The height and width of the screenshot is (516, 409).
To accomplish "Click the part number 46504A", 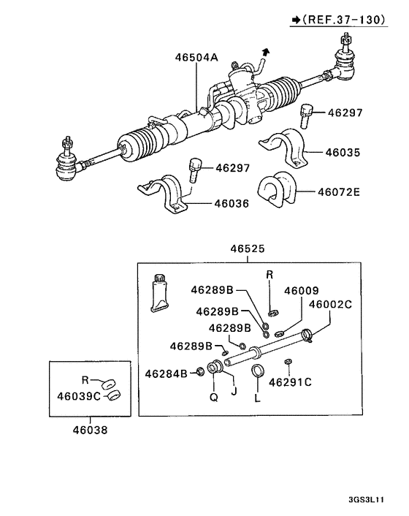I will pos(196,57).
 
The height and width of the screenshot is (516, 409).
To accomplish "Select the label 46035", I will pos(343,153).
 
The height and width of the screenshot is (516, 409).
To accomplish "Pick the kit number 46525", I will pos(247,248).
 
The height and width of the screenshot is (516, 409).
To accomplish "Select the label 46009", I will pos(302,290).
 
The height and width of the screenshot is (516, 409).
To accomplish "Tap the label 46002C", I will pos(330,304).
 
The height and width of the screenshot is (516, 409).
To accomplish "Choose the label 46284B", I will pos(166,373).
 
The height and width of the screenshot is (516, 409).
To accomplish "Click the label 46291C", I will pos(290,381).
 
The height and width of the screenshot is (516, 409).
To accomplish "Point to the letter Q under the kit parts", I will pos(213,398).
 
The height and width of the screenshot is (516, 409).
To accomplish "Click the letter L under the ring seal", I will pos(257,398).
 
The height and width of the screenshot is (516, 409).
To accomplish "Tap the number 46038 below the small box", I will pos(90,430).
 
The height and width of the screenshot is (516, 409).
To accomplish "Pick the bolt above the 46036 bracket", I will pos(194,170).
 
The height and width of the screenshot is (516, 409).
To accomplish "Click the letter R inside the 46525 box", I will pos(269,275).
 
